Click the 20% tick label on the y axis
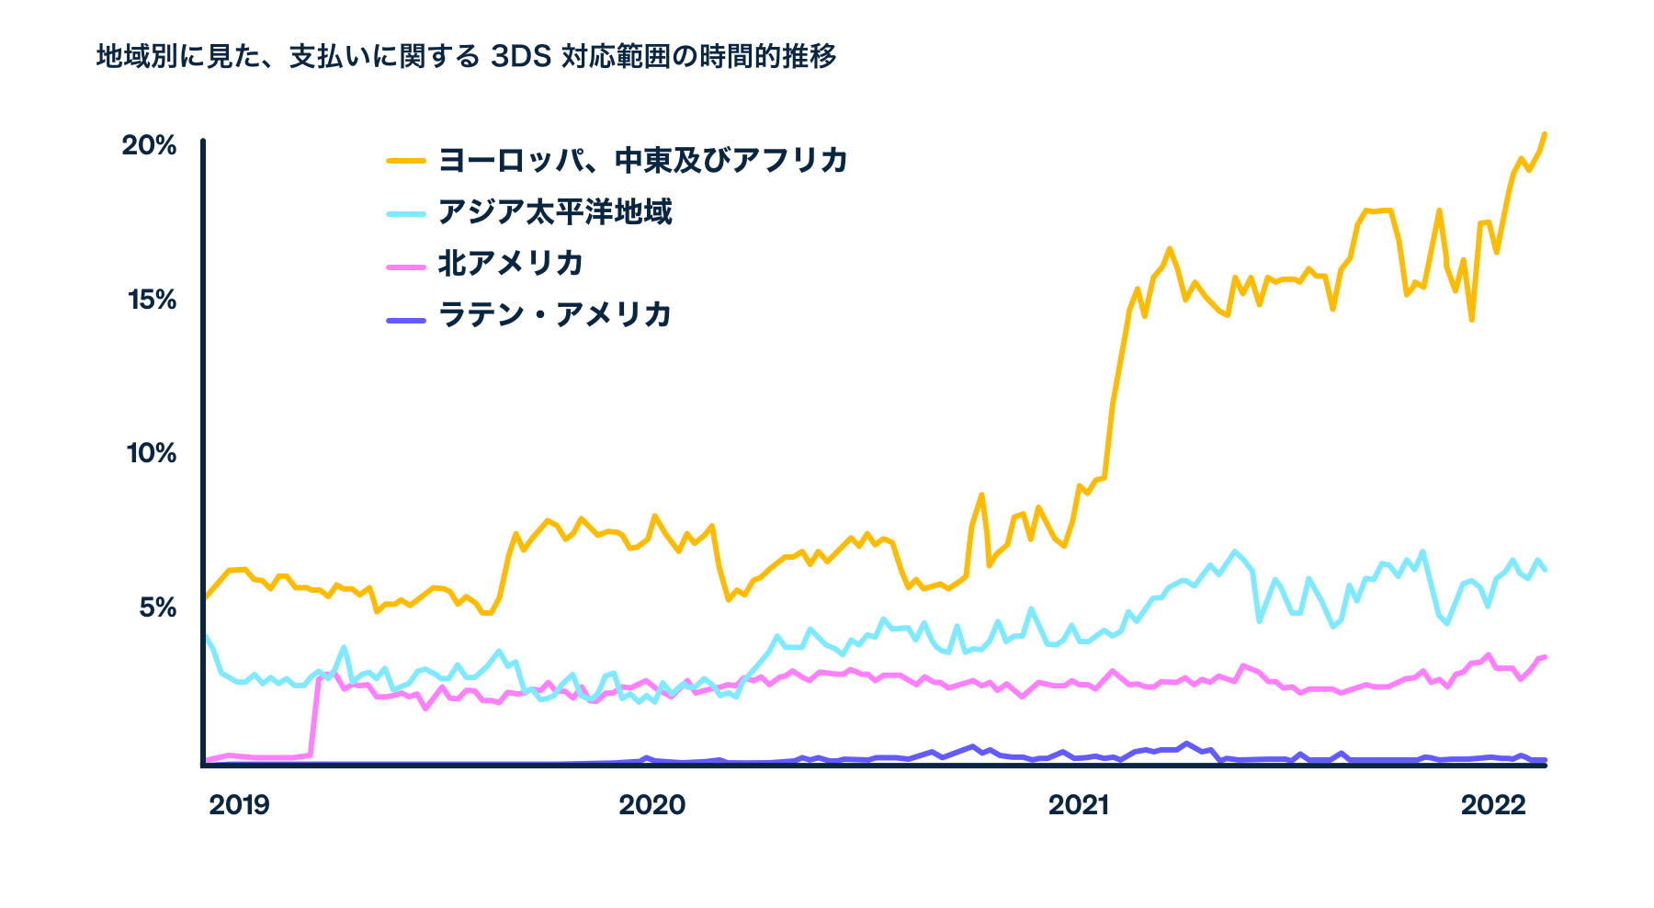coord(149,145)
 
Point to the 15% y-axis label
coord(151,300)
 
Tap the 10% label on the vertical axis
coord(151,453)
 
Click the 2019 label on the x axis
coord(239,805)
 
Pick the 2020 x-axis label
coord(651,805)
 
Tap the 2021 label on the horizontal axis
coord(1079,805)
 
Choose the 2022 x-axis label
coord(1493,805)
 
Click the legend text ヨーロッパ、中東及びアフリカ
coord(642,160)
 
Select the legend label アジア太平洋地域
coord(555,212)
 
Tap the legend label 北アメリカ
coord(511,264)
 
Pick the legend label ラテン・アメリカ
coord(555,315)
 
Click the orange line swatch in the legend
coord(405,161)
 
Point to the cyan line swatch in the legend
coord(405,213)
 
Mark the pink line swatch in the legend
coord(405,266)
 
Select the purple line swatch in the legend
coord(405,319)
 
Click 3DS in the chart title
coord(520,57)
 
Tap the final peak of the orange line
coord(1545,134)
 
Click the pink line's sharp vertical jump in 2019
coord(314,717)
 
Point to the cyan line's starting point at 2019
coord(205,634)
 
